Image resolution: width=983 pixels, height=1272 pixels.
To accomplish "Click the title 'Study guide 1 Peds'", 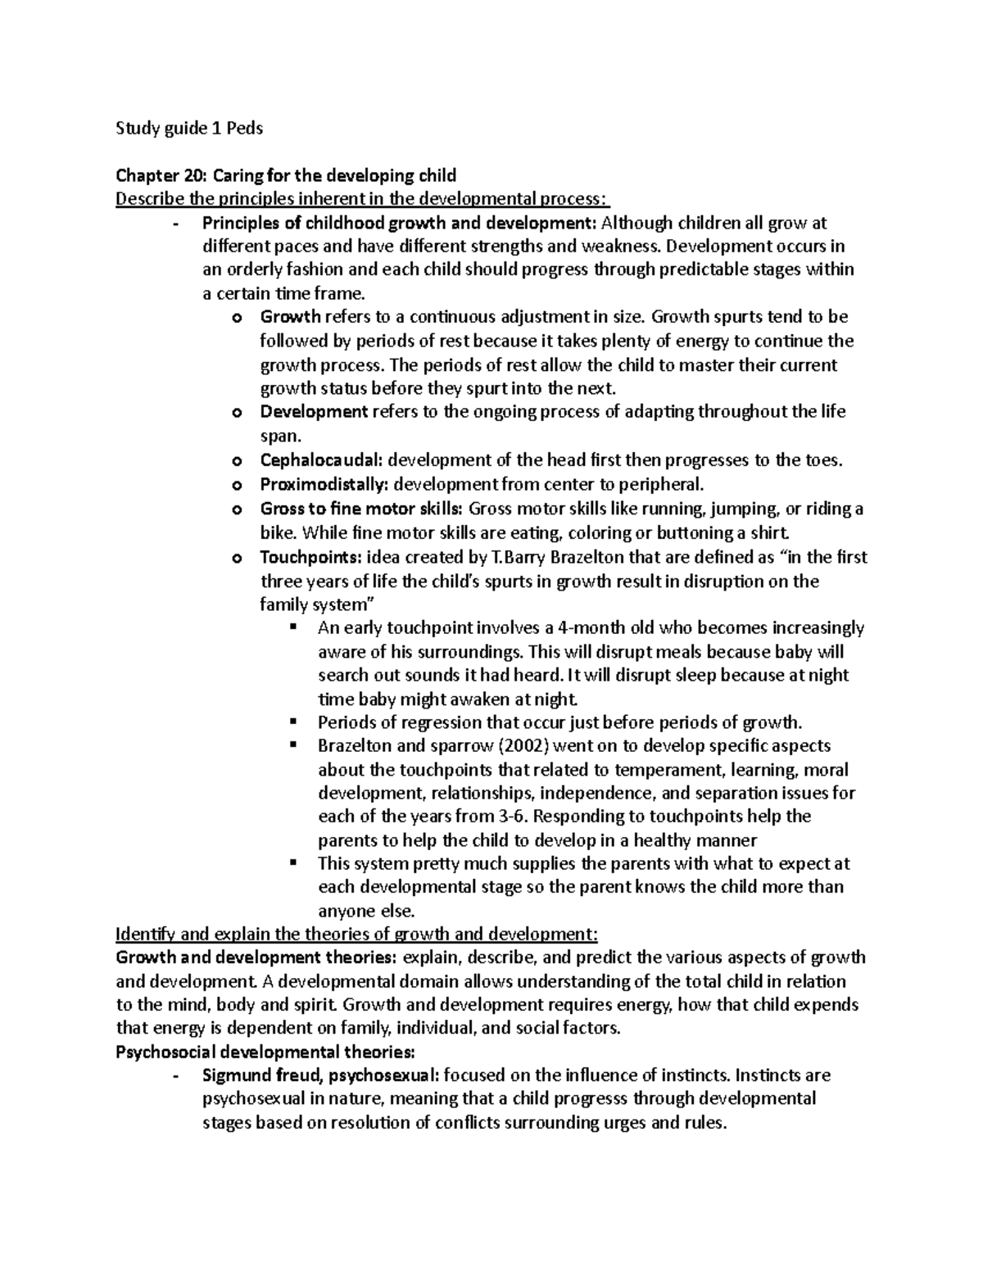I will click(190, 128).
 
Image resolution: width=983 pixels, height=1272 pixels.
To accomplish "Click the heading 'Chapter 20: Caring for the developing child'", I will click(286, 175).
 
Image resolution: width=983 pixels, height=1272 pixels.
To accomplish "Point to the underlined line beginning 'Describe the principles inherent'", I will click(364, 199).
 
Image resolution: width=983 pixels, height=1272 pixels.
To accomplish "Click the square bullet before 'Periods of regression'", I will click(292, 722).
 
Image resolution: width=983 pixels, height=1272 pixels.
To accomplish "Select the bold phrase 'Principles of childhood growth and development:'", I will click(401, 223).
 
